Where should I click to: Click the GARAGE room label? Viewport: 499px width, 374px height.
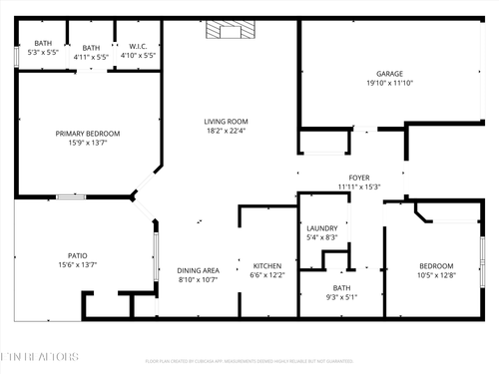point(389,73)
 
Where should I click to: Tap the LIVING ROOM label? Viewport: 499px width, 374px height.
point(226,121)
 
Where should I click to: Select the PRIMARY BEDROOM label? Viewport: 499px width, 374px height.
point(88,134)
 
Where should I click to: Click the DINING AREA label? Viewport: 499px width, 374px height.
point(198,270)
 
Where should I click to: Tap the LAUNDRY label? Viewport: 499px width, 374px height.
point(321,228)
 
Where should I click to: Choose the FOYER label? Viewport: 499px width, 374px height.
point(359,178)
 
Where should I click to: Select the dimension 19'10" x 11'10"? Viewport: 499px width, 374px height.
point(389,83)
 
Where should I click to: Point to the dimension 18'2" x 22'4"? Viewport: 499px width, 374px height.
point(226,131)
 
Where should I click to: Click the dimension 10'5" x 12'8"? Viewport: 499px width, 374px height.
point(436,275)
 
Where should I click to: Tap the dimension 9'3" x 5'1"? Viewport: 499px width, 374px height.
point(342,297)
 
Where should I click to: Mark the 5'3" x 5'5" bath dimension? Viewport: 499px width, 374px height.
point(43,52)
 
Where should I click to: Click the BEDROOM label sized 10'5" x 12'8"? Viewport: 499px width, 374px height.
point(436,265)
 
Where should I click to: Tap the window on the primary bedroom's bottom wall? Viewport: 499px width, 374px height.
point(70,196)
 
